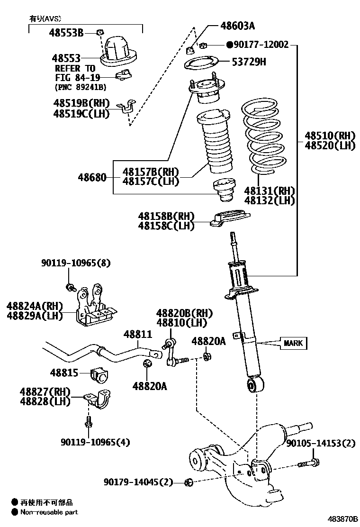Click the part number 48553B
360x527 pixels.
[x=66, y=33]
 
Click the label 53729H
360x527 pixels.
[x=249, y=61]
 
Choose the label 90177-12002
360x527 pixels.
[x=261, y=45]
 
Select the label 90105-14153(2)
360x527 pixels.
[x=320, y=444]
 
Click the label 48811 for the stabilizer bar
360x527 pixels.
[x=138, y=334]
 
